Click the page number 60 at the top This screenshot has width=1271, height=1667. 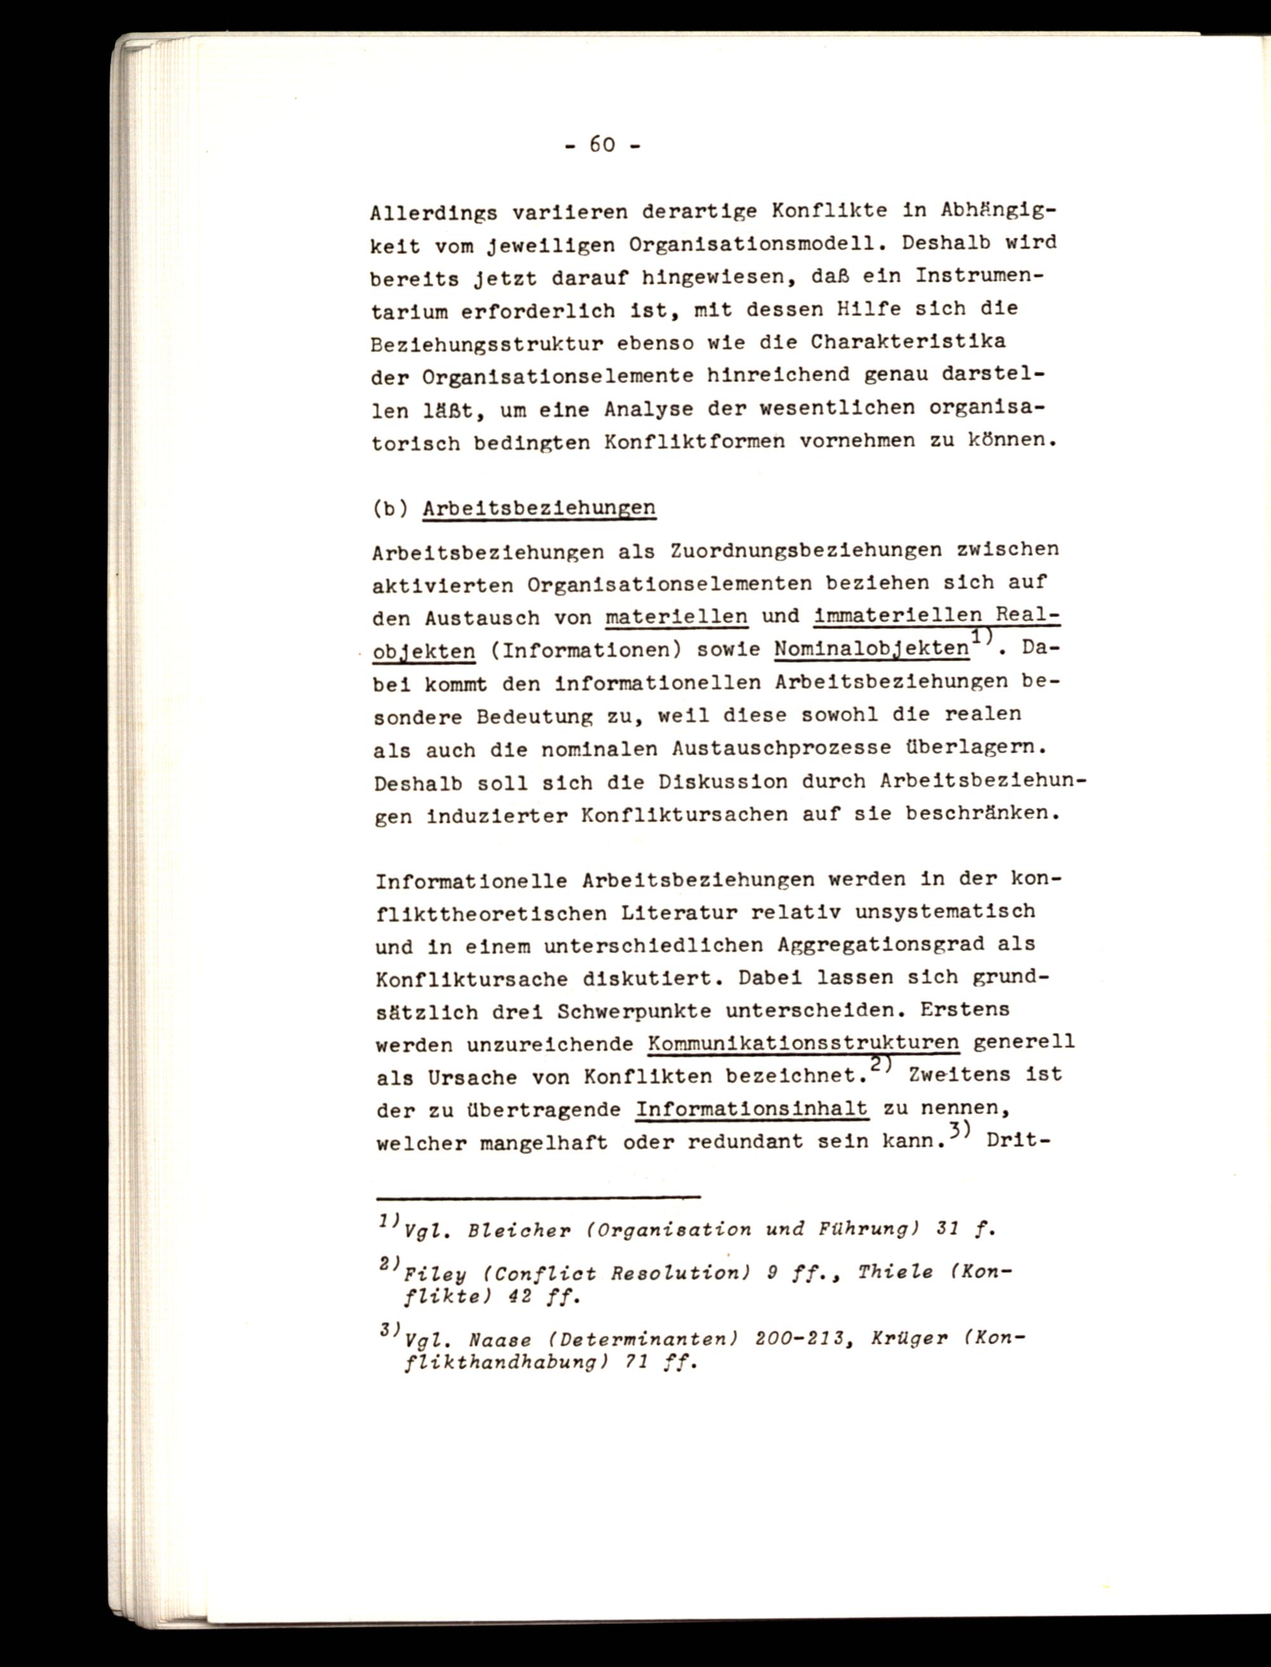tap(601, 144)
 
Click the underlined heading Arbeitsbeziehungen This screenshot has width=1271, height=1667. tap(539, 508)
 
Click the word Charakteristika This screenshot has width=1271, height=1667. tap(908, 341)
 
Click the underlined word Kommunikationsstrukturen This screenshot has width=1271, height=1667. tap(803, 1043)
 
